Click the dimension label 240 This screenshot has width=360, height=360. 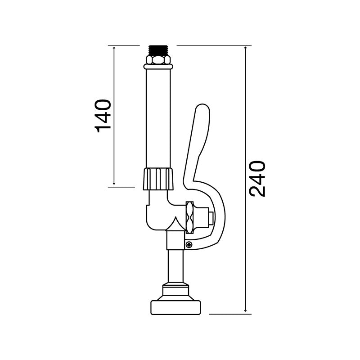coord(258,178)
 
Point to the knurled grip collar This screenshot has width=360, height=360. coord(158,179)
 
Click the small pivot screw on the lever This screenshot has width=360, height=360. coord(189,244)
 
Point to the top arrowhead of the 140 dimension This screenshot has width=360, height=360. coord(114,47)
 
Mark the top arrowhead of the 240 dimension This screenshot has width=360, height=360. coord(245,47)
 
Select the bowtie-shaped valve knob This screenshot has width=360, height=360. coord(190,217)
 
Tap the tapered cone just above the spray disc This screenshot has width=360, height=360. coord(175,291)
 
